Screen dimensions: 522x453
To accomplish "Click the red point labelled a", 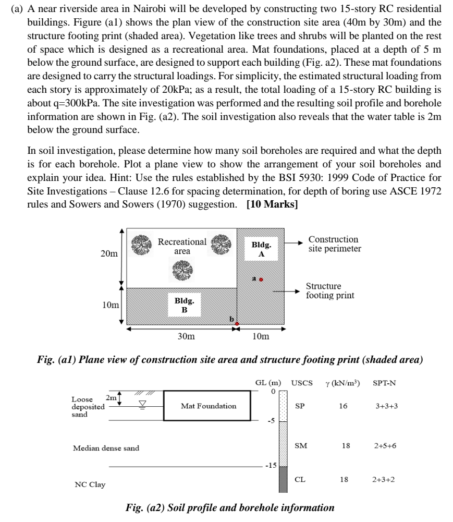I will click(x=261, y=279).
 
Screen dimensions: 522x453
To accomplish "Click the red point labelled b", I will click(x=237, y=324).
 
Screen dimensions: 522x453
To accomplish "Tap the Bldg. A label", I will click(x=261, y=249).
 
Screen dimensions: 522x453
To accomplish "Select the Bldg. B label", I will click(x=184, y=306).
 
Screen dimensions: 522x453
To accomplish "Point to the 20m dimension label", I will click(x=110, y=254).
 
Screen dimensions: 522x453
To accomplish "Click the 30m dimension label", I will click(x=186, y=336).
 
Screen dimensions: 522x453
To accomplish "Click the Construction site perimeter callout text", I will click(x=334, y=244).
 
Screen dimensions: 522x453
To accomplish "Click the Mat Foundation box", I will click(x=208, y=406).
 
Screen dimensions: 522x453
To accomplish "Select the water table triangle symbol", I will click(x=139, y=404).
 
